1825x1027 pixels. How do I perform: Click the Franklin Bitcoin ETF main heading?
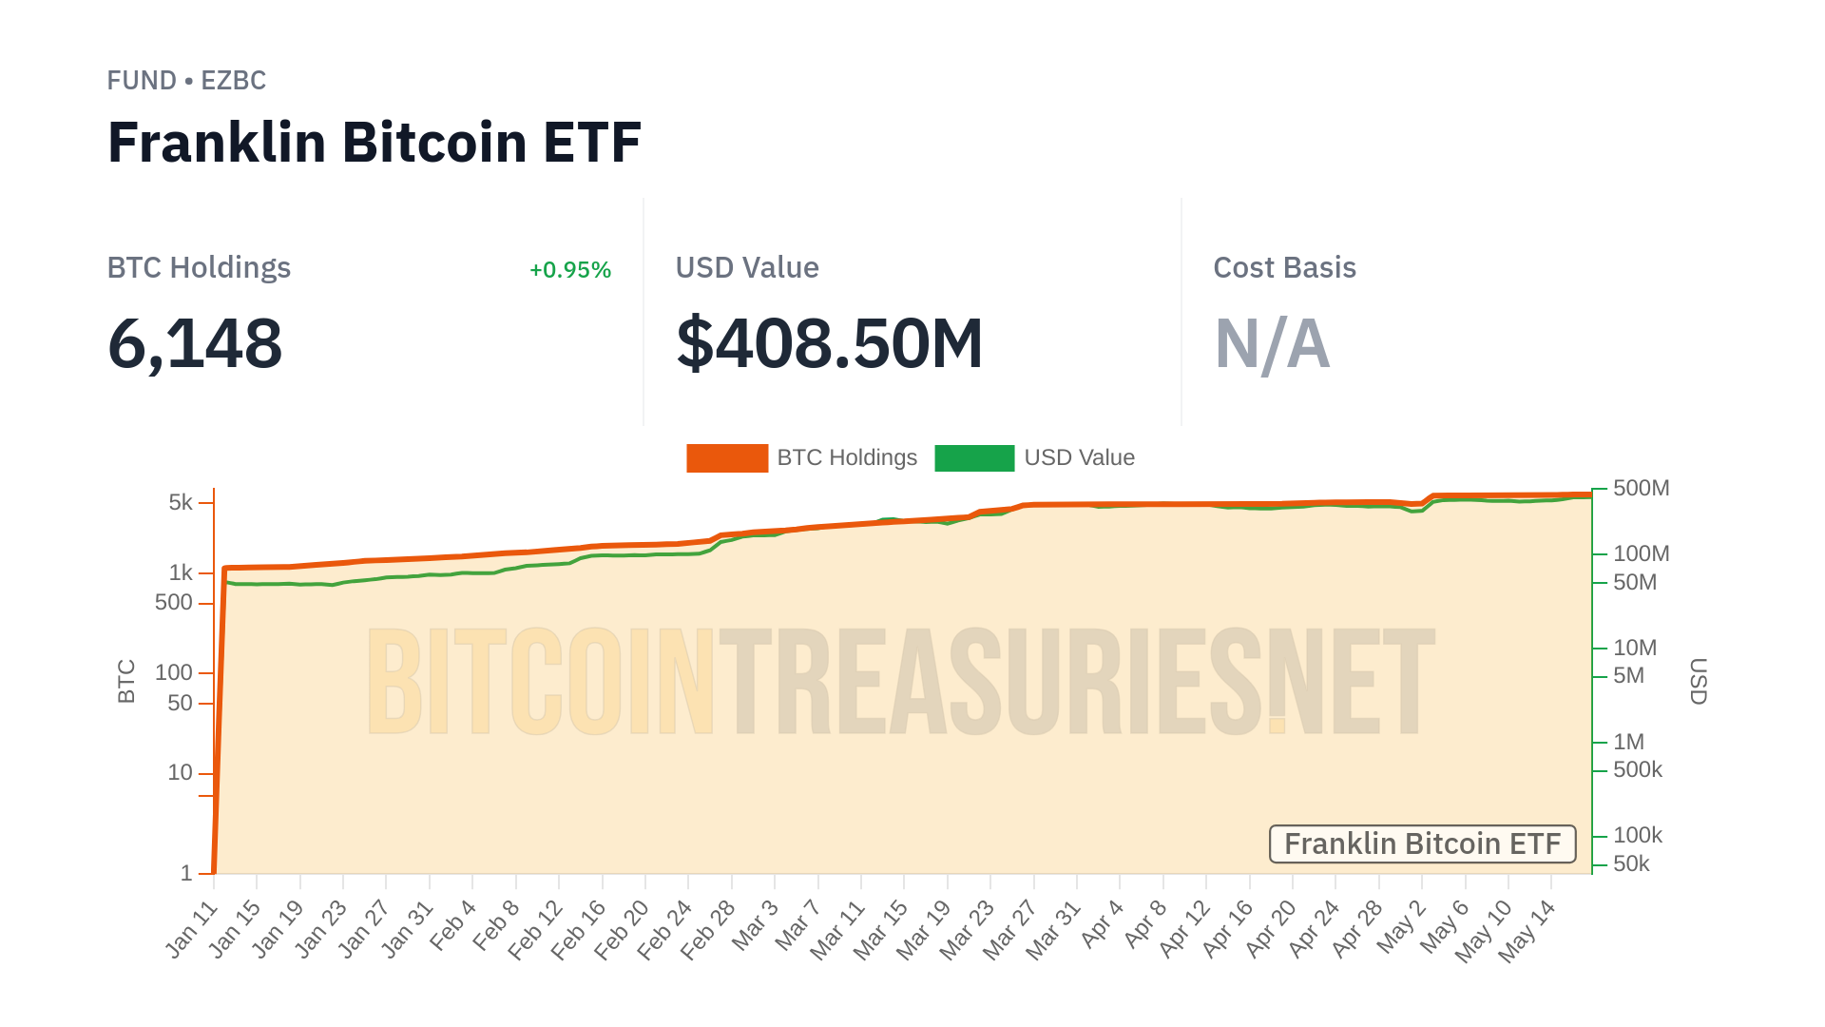click(x=375, y=143)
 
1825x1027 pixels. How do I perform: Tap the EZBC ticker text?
click(x=233, y=81)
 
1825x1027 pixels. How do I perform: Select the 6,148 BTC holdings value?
click(x=195, y=343)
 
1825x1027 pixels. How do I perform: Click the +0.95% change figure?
click(x=569, y=270)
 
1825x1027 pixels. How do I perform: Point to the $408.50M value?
click(x=829, y=343)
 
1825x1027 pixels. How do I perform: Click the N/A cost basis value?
click(x=1272, y=343)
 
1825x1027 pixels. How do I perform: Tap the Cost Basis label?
click(x=1284, y=268)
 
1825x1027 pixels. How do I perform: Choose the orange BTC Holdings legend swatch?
click(x=727, y=458)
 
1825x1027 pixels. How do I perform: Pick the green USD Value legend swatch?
click(x=974, y=458)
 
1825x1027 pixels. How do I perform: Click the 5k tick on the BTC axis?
click(x=181, y=502)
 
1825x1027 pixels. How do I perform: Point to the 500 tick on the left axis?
click(x=173, y=603)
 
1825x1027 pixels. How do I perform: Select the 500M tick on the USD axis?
click(x=1641, y=488)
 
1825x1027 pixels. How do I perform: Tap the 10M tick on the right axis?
click(x=1635, y=648)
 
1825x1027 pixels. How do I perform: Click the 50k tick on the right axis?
click(x=1631, y=863)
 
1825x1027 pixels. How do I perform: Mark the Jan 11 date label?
click(x=193, y=929)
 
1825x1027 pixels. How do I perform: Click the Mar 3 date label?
click(x=756, y=925)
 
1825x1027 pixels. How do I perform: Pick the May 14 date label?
click(x=1527, y=931)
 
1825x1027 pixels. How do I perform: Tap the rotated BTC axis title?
click(x=126, y=681)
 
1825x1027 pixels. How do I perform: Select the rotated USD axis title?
click(x=1698, y=681)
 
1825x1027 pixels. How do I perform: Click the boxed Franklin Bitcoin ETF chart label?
click(x=1422, y=844)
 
